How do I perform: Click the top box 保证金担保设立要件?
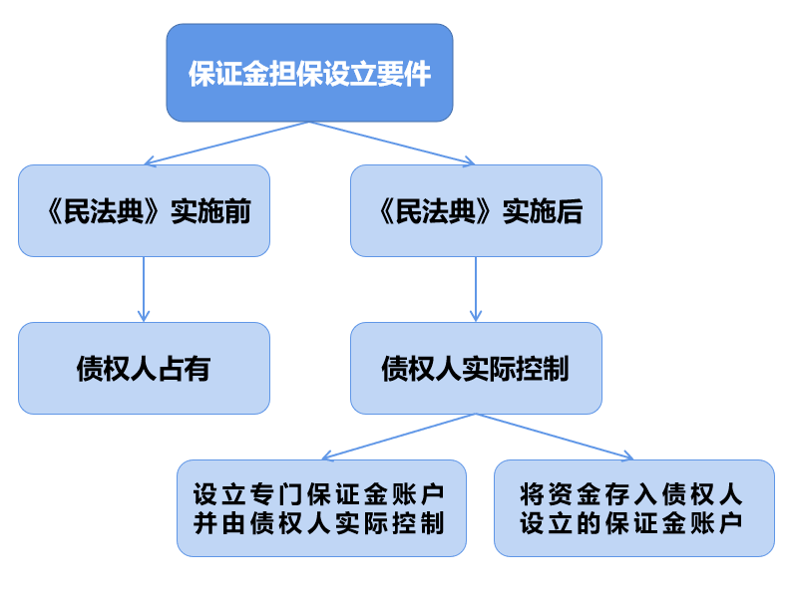coord(309,74)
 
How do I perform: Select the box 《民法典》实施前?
coord(144,211)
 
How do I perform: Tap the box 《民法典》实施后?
coord(476,211)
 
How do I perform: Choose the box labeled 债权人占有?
coord(144,369)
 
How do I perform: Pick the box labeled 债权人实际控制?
coord(476,369)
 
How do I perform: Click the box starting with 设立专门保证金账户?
coord(321,507)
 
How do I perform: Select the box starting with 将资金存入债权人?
coord(633,507)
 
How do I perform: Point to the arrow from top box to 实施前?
coord(226,144)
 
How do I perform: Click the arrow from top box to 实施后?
coord(392,144)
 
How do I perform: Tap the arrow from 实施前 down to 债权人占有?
coord(144,289)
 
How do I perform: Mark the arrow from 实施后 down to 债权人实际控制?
coord(476,289)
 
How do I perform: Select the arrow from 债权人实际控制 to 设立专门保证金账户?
coord(399,437)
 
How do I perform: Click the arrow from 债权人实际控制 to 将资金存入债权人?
coord(555,437)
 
